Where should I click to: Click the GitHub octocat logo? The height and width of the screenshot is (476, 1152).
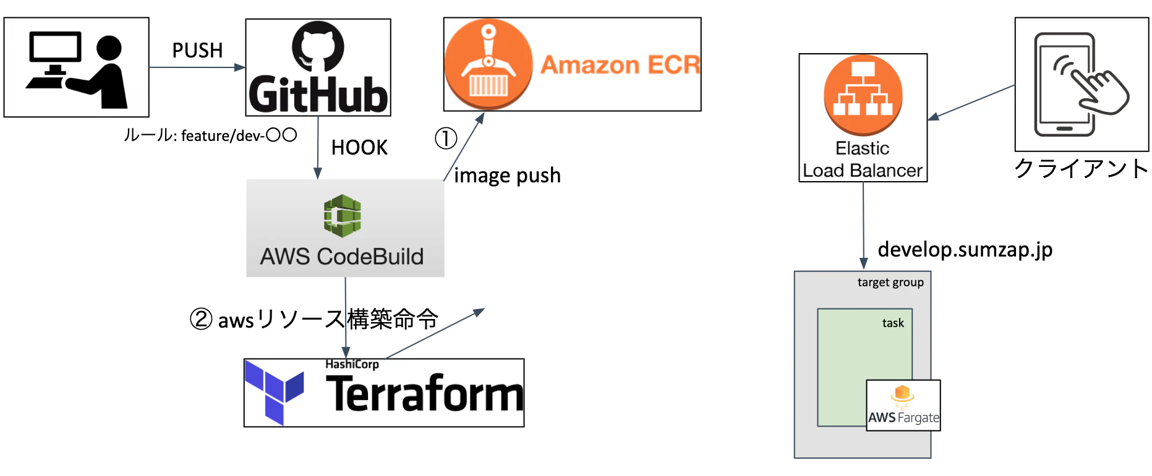coord(318,46)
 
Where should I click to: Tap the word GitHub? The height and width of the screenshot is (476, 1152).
coord(318,95)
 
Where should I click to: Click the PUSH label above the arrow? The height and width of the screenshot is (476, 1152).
coord(197,51)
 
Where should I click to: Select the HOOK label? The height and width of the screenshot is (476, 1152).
coord(359,148)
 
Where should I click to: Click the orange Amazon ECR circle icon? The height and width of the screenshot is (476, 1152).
coord(489,64)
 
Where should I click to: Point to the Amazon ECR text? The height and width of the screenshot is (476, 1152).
coord(620,65)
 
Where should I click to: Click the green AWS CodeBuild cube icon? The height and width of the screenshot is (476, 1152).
coord(342,216)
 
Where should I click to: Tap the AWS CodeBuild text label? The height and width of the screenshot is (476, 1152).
coord(342,257)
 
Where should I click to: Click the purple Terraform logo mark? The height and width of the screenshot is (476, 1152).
coord(274,393)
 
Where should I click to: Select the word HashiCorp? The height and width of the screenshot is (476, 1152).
coord(352,364)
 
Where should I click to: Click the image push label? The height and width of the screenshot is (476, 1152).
coord(507,176)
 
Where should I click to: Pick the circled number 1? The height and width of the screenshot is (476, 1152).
coord(446,138)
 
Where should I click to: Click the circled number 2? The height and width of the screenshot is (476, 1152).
coord(201,319)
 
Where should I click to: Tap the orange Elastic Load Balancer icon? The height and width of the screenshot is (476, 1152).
coord(863,95)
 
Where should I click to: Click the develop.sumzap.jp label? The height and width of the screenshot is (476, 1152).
coord(965,250)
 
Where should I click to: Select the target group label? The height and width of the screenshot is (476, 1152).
coord(890,283)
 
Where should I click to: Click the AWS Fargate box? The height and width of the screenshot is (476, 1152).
coord(903,405)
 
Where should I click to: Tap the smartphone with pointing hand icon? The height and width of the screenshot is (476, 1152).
coord(1082,84)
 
